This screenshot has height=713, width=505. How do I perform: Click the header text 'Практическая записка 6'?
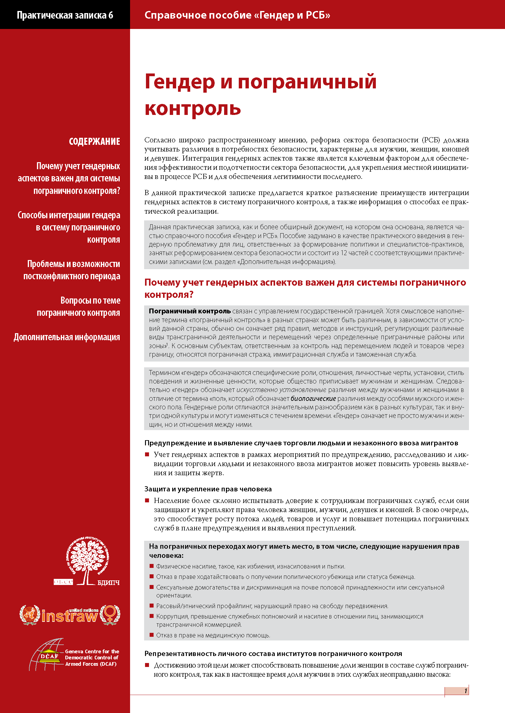[x=65, y=15]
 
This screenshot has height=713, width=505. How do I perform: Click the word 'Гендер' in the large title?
[x=180, y=82]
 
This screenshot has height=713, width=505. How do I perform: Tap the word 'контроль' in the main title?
[x=192, y=109]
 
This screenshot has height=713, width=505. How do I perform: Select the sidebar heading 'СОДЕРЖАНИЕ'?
[x=94, y=142]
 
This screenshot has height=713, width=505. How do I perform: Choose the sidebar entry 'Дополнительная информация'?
[x=67, y=337]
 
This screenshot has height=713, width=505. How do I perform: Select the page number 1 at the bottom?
[x=465, y=691]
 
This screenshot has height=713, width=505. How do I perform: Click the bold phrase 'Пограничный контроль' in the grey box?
[x=190, y=311]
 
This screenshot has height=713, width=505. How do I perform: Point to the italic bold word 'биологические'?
[x=313, y=398]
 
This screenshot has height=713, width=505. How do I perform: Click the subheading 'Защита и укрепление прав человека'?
[x=208, y=489]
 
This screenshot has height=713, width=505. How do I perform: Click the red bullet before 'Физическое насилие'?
[x=152, y=566]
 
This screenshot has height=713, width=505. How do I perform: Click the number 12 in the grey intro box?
[x=344, y=253]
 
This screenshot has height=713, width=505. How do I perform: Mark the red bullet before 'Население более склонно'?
[x=147, y=501]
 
